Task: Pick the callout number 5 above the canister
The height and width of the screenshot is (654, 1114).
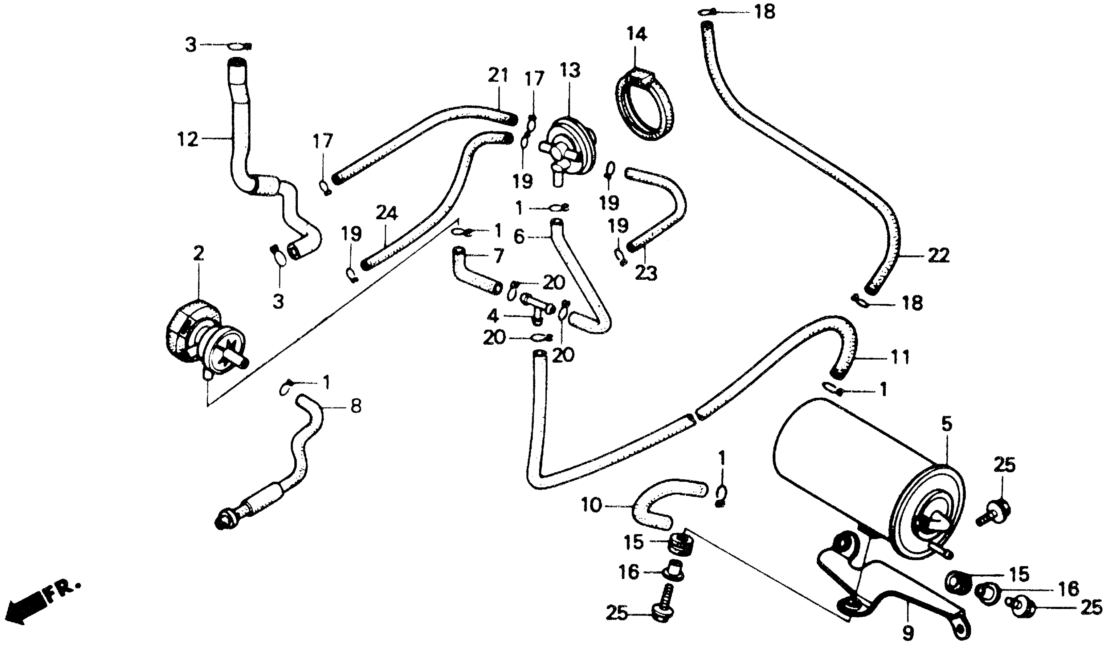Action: click(946, 424)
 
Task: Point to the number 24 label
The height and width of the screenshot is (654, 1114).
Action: click(387, 213)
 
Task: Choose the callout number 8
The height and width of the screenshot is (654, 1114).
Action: click(356, 406)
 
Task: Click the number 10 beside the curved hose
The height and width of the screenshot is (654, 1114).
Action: click(592, 505)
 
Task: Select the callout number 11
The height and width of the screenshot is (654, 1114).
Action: click(900, 356)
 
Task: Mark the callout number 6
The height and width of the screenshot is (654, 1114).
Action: click(520, 237)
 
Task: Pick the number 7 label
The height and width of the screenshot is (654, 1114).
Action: click(498, 255)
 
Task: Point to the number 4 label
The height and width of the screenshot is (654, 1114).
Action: click(493, 316)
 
